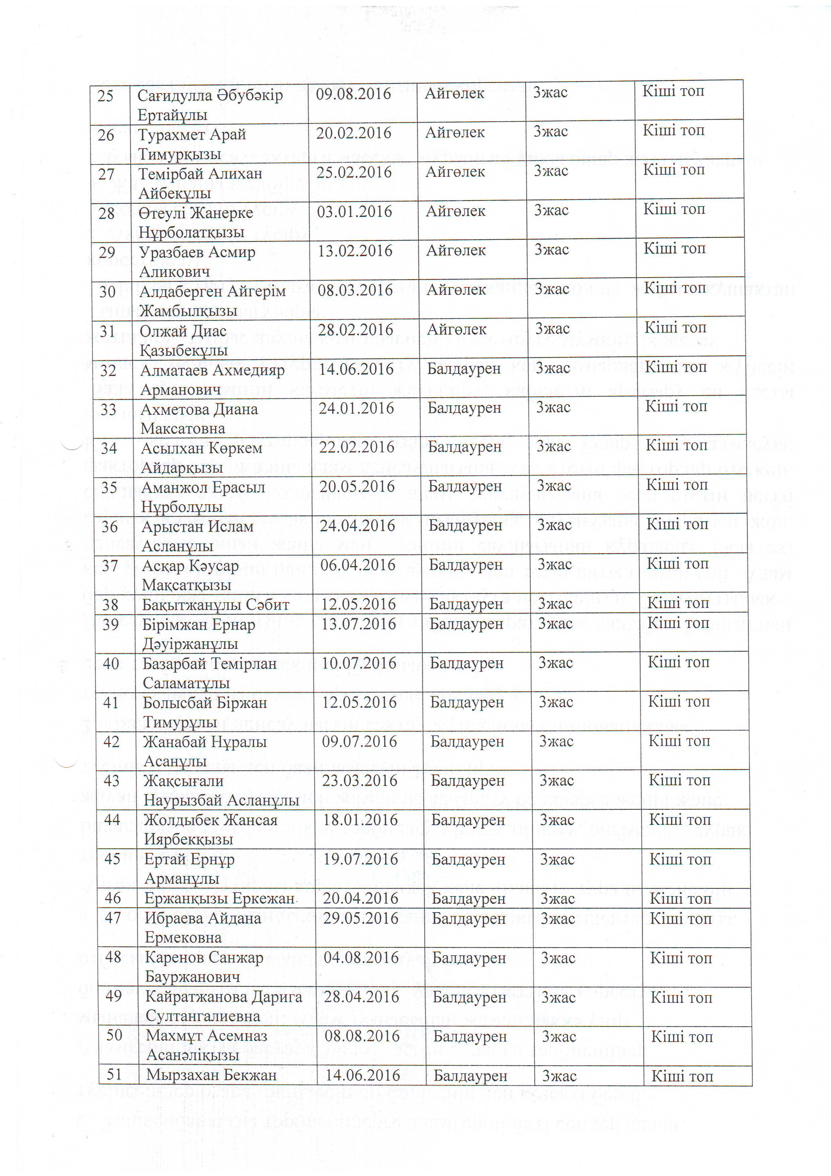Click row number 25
point(106,96)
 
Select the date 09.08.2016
point(353,94)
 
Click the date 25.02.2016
point(354,172)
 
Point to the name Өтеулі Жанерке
point(196,213)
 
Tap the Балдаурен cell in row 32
point(464,369)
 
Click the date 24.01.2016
point(357,408)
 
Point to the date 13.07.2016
point(359,624)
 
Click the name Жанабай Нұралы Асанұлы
point(205,751)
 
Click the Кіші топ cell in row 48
point(681,958)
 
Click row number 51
point(114,1074)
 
